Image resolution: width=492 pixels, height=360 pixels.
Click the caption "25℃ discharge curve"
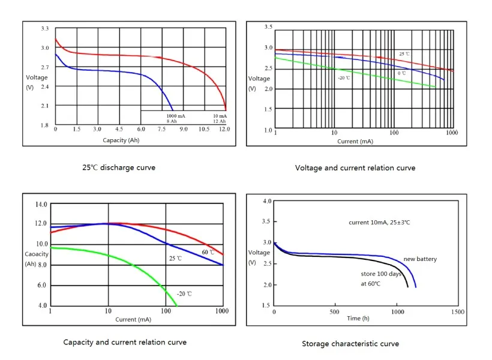(119, 167)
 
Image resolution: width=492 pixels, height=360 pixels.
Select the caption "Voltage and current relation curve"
(355, 168)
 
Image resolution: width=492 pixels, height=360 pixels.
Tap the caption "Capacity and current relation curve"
(125, 342)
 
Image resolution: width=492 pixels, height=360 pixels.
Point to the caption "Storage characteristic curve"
(350, 344)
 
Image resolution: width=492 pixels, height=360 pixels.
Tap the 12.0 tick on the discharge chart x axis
(224, 129)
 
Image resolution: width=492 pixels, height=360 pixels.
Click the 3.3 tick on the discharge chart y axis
(45, 29)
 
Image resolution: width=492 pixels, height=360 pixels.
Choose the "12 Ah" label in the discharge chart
(220, 121)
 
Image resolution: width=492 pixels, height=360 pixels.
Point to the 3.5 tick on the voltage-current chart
(268, 27)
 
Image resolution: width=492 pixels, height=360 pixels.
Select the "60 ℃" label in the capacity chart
(208, 252)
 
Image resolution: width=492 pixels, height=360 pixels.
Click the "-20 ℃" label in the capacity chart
(184, 294)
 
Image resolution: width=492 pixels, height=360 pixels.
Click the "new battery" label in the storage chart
(419, 259)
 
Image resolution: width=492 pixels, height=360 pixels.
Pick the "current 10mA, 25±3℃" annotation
(379, 223)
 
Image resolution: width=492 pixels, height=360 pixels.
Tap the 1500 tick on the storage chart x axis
(457, 312)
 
